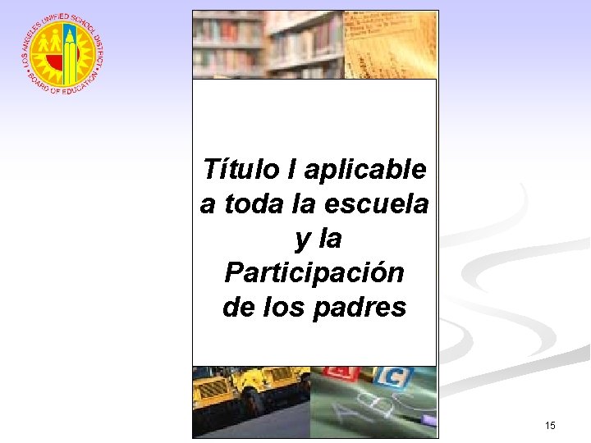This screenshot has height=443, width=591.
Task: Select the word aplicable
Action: coord(365,171)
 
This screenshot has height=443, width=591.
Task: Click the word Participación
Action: coord(314,272)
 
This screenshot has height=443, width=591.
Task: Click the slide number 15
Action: coord(550,425)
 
